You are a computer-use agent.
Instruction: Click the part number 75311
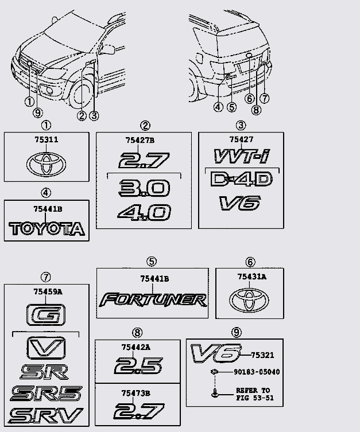pos(46,139)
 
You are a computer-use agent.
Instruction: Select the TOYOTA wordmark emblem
pos(47,229)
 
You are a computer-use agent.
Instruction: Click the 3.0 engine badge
pos(144,187)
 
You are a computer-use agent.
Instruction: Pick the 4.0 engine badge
pos(144,213)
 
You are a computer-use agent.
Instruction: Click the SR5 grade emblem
pos(47,394)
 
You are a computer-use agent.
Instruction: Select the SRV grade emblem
pos(47,415)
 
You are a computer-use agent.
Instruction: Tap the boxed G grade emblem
pos(46,315)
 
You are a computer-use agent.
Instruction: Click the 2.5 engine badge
pos(138,365)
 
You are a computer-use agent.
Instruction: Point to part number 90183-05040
pos(257,372)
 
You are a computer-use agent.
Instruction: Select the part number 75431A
pos(251,276)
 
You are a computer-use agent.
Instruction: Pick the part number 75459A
pos(47,291)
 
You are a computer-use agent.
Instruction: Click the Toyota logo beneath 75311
pos(46,163)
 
